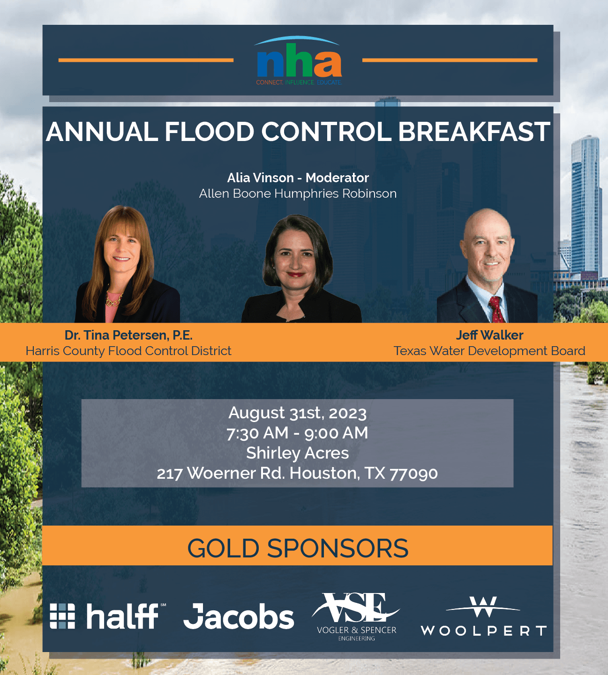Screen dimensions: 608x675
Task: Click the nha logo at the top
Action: pyautogui.click(x=298, y=60)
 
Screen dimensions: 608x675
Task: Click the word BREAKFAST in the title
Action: pyautogui.click(x=474, y=132)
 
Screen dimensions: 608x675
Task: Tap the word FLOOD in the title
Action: pyautogui.click(x=209, y=132)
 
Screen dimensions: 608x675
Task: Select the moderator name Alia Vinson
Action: pyautogui.click(x=260, y=178)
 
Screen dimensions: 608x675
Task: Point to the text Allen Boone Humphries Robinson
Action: pyautogui.click(x=298, y=193)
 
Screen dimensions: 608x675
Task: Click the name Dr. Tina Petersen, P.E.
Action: pyautogui.click(x=128, y=335)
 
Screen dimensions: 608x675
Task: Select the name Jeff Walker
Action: pyautogui.click(x=489, y=335)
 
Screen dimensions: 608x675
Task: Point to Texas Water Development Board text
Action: pyautogui.click(x=489, y=351)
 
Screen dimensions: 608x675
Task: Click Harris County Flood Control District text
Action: pyautogui.click(x=128, y=351)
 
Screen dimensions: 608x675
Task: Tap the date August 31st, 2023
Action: pyautogui.click(x=297, y=413)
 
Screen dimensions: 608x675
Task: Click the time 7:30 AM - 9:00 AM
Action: pyautogui.click(x=297, y=433)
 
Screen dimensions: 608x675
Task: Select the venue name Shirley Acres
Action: pyautogui.click(x=297, y=453)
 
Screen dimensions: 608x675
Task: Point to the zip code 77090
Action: pyautogui.click(x=413, y=474)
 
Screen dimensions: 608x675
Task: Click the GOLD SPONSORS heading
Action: pyautogui.click(x=298, y=548)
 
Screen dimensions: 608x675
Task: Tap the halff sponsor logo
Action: pyautogui.click(x=108, y=616)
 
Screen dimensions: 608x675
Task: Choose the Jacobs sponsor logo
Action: pyautogui.click(x=239, y=616)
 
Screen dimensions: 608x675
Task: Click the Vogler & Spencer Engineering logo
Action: pyautogui.click(x=356, y=616)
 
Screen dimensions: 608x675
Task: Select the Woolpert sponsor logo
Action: pyautogui.click(x=483, y=616)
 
